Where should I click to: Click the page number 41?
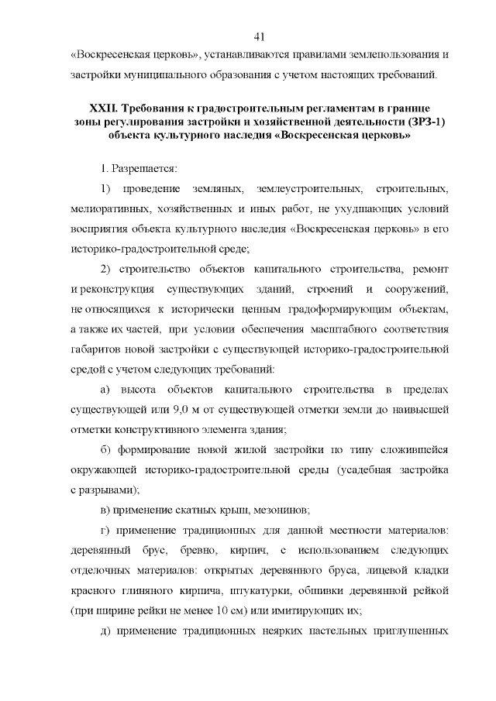260,36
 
